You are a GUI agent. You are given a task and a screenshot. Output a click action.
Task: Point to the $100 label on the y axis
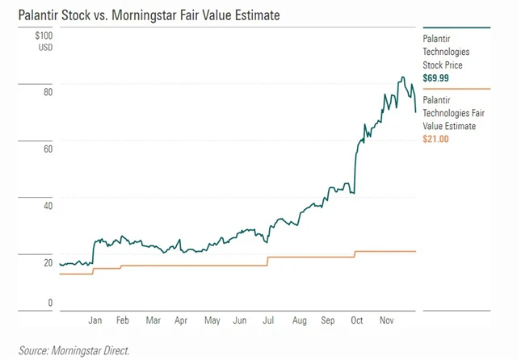43,36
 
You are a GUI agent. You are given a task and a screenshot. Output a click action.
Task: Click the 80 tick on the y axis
48,92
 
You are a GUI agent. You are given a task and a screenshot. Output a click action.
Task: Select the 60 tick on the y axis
48,149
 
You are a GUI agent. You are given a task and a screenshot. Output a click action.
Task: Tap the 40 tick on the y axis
48,205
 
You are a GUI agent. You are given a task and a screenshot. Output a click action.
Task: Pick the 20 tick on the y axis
48,262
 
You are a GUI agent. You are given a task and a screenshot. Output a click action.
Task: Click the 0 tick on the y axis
50,303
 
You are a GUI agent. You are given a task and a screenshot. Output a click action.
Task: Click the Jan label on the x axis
95,320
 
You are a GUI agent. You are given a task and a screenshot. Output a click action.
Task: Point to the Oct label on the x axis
356,320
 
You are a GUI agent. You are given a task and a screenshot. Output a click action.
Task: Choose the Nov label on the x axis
385,320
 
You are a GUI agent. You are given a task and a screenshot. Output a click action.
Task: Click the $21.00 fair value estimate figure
437,139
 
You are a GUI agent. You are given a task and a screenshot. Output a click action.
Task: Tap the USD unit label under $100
44,46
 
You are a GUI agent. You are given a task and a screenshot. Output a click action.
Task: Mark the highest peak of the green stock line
401,78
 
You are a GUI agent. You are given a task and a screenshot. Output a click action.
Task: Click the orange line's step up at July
267,262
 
